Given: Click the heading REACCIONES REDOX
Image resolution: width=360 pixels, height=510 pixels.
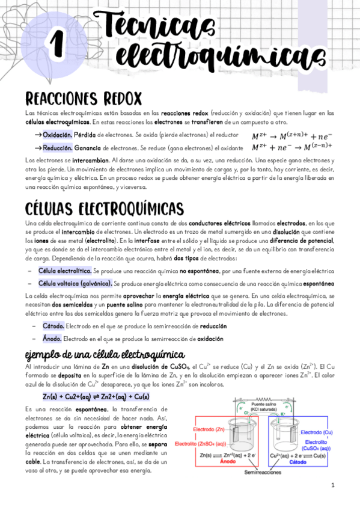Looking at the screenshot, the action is pyautogui.click(x=84, y=97).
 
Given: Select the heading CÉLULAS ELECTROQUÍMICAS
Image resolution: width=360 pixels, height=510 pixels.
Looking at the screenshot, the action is pyautogui.click(x=105, y=208).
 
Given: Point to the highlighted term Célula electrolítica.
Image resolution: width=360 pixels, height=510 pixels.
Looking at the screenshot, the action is pyautogui.click(x=65, y=271).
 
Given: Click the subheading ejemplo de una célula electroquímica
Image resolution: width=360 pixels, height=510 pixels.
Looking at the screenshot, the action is pyautogui.click(x=104, y=354).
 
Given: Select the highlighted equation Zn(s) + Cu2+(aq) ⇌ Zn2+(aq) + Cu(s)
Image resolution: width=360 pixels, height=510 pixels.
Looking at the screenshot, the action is pyautogui.click(x=96, y=397).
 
